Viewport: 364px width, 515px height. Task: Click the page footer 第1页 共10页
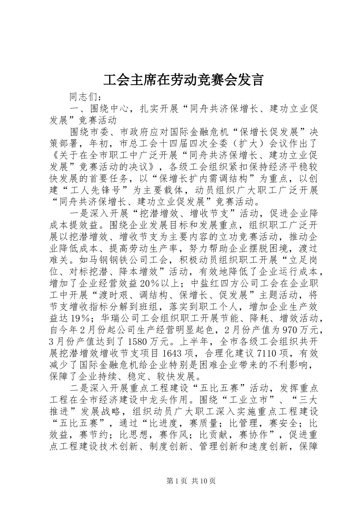(x=182, y=481)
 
